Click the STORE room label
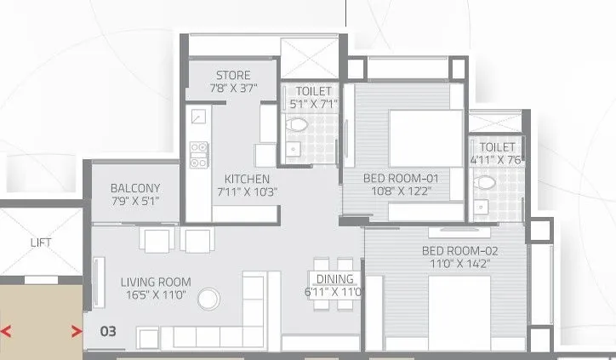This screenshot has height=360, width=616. tap(233, 76)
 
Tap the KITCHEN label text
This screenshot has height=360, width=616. tap(247, 179)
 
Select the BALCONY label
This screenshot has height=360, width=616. tap(135, 188)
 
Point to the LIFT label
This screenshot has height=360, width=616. tap(41, 243)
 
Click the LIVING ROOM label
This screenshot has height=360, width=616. tap(155, 282)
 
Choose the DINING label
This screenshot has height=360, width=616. tap(334, 279)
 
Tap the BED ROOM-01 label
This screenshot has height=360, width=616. tap(400, 178)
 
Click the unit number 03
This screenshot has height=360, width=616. tap(108, 330)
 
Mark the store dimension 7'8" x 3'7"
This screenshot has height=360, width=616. tap(233, 88)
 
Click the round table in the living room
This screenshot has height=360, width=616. tap(208, 298)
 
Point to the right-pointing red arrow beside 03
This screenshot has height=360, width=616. tap(77, 331)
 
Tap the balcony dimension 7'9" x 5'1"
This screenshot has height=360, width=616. tap(135, 201)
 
